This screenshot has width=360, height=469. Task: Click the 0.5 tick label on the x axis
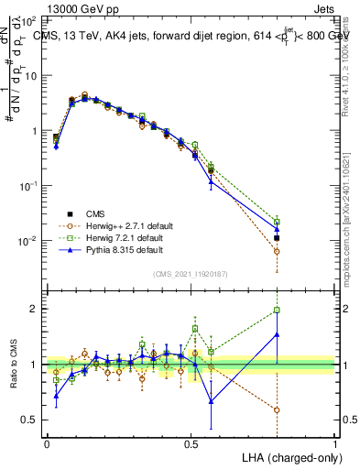191,443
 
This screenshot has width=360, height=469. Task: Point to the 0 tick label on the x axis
47,443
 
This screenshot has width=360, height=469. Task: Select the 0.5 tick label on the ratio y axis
30,420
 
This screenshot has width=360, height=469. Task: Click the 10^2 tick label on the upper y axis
29,20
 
